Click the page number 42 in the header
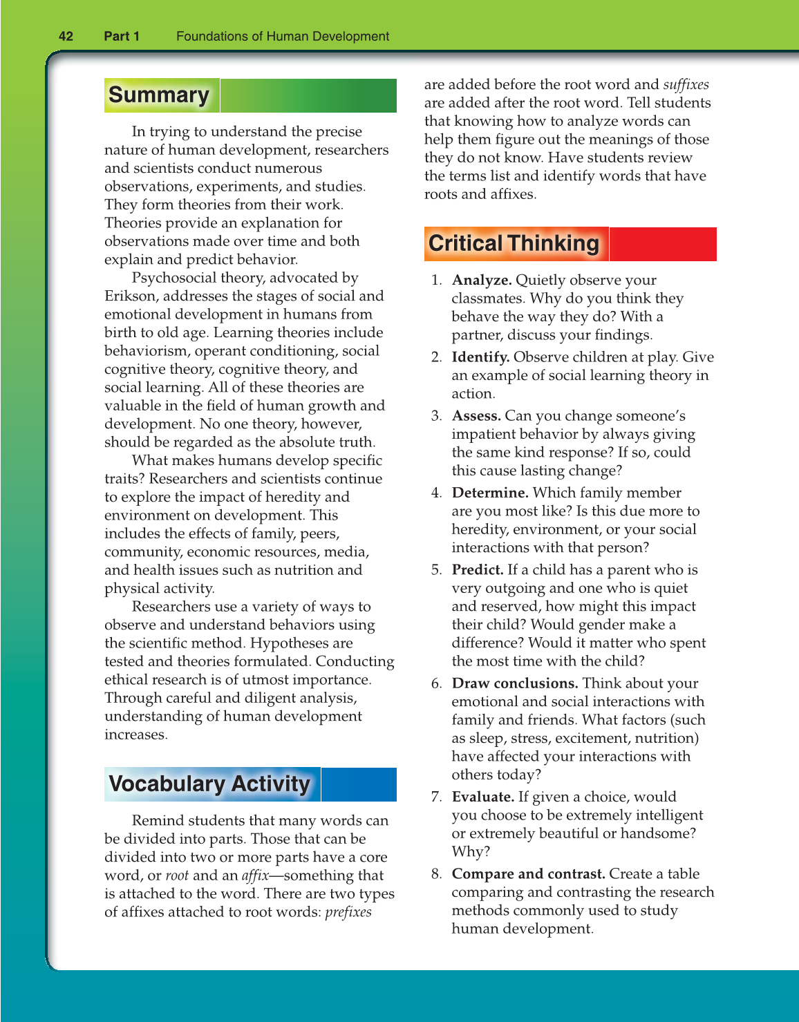(66, 37)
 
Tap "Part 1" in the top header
(122, 37)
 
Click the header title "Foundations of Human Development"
(283, 37)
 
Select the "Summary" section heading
(159, 95)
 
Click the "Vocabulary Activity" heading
(209, 784)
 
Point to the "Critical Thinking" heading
(514, 244)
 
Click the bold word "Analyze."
(482, 281)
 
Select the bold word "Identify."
(480, 357)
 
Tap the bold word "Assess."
(476, 416)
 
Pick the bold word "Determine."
(490, 493)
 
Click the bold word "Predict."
(478, 570)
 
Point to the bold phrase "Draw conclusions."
(515, 683)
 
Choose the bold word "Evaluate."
(483, 797)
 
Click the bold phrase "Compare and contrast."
(529, 874)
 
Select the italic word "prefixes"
(348, 912)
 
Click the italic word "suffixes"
(686, 85)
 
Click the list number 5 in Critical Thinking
(435, 570)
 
